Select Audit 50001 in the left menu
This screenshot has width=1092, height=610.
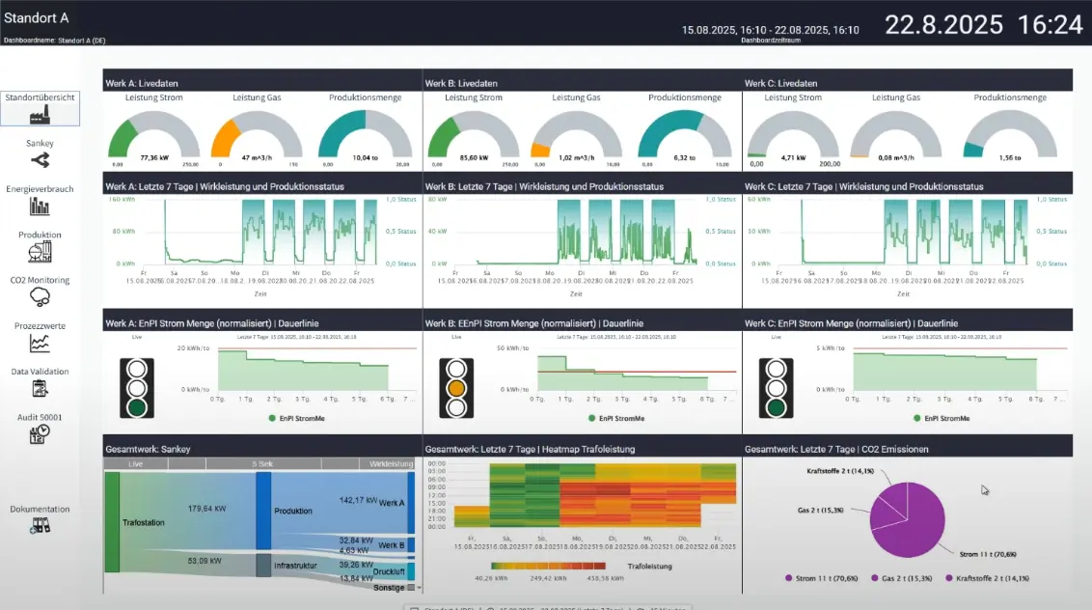tap(40, 428)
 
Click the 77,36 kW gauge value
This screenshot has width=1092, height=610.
tap(154, 157)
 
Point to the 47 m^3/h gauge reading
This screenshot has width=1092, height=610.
tap(255, 157)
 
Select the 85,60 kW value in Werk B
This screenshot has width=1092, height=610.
tap(474, 157)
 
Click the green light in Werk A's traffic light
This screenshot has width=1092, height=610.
tap(136, 407)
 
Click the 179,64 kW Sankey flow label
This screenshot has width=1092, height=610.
tap(206, 509)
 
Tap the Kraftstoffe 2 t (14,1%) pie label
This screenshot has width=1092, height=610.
tap(839, 472)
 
